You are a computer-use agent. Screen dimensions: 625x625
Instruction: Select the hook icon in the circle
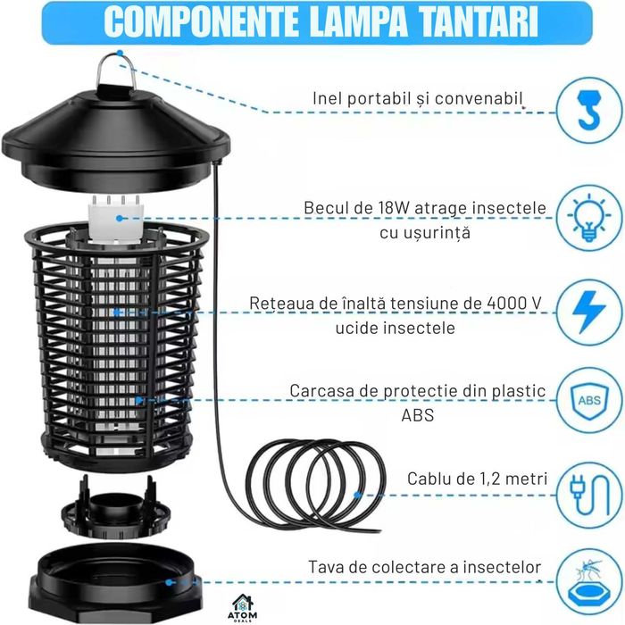588,111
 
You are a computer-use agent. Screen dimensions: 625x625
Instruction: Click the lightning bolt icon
588,313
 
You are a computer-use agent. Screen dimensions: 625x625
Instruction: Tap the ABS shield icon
588,399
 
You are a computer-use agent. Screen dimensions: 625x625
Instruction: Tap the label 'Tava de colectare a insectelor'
425,567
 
